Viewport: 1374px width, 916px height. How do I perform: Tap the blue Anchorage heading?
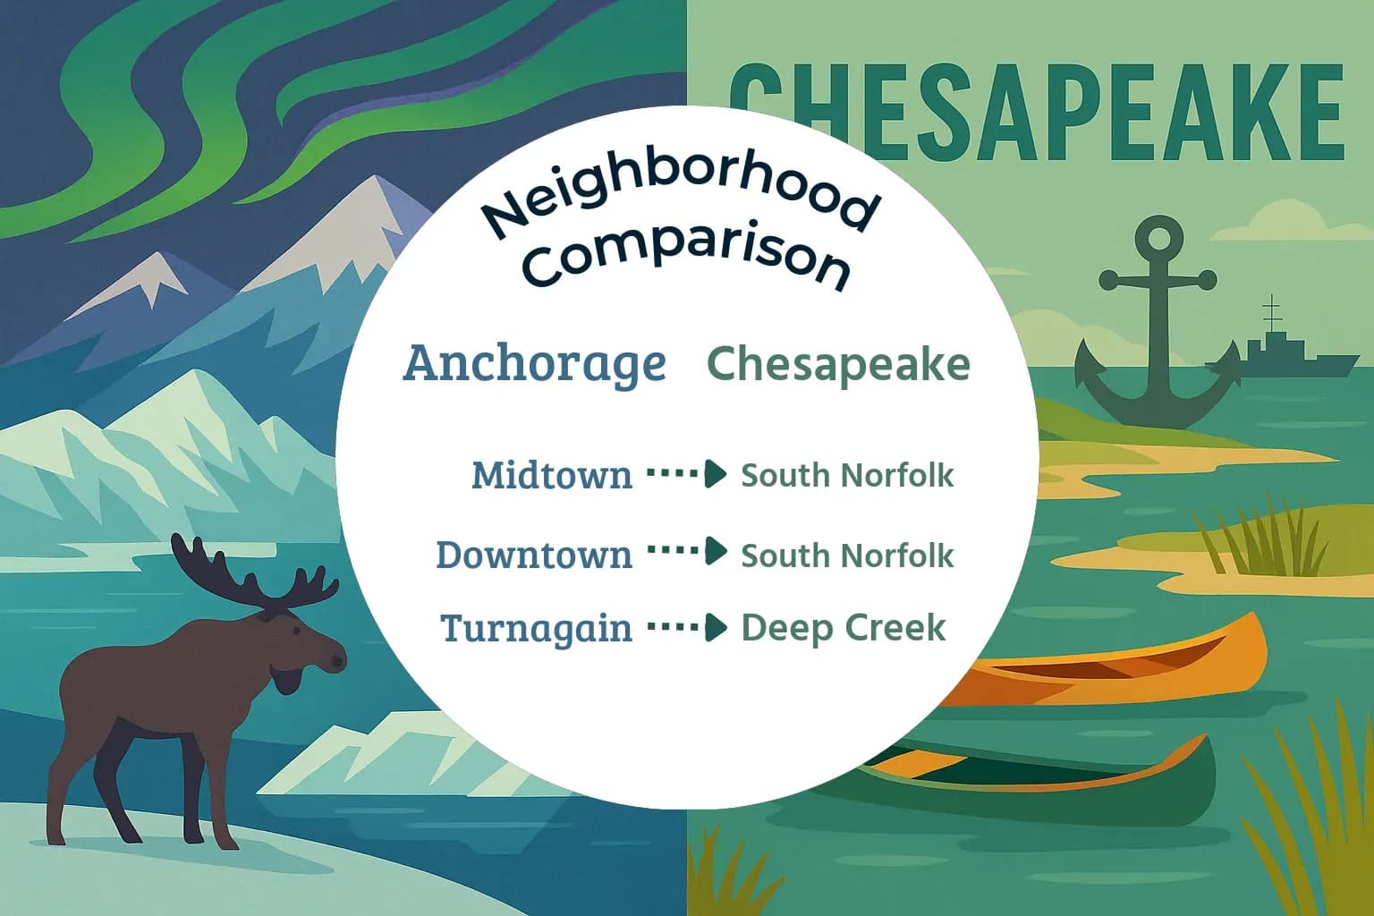(x=535, y=363)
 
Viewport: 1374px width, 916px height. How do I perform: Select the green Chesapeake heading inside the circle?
(x=838, y=364)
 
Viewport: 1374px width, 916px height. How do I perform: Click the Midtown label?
(x=551, y=475)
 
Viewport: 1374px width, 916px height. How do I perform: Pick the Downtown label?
(x=534, y=555)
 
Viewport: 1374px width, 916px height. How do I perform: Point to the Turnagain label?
(x=536, y=628)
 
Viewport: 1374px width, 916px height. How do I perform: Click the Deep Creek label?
(x=843, y=628)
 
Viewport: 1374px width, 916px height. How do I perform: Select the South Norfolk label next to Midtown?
(x=847, y=475)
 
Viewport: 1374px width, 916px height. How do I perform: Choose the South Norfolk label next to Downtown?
(x=847, y=556)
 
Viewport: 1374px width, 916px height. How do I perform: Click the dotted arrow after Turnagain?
(x=687, y=628)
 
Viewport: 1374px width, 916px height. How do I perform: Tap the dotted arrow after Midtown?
(x=687, y=474)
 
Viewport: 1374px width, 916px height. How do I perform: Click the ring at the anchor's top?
(x=1158, y=239)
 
